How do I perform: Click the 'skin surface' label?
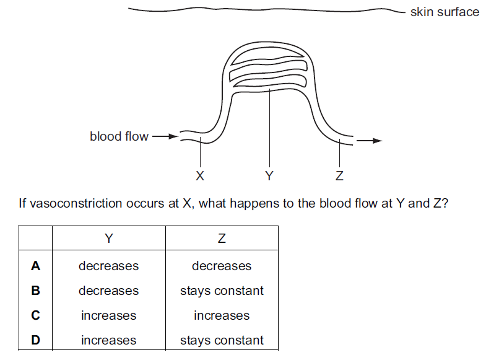444,12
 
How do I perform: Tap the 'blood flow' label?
119,136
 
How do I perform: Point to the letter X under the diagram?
199,176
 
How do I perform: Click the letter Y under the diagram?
269,176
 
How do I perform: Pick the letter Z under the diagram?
339,176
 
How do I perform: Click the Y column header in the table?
109,238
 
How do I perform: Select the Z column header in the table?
222,238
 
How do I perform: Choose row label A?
36,266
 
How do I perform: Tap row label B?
36,291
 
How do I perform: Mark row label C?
36,315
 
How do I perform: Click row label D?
36,340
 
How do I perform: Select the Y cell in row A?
109,266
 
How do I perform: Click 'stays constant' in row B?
222,291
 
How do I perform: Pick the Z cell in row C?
222,315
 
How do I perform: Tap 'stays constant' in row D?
222,340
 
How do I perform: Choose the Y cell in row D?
109,340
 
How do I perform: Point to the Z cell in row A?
222,266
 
